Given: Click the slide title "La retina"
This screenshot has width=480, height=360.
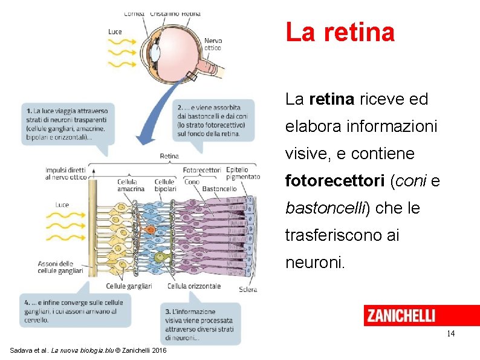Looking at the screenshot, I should click(340, 32).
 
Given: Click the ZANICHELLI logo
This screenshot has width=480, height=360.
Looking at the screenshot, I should click(400, 315).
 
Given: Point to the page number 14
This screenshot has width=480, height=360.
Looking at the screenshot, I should click(450, 333).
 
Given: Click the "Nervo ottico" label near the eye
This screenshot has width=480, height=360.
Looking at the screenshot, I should click(213, 44).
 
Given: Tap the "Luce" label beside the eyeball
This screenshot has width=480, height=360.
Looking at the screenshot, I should click(115, 31).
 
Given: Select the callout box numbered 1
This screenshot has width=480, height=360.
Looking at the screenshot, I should click(67, 124).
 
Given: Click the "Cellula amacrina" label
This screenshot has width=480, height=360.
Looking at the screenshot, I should click(131, 185).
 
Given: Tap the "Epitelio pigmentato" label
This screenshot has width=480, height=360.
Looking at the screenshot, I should click(242, 174).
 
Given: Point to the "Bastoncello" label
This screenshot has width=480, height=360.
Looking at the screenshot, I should click(219, 189).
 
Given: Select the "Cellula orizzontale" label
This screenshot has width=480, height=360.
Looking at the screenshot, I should click(193, 286).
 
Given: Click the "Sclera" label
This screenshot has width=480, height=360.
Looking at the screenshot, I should click(248, 289).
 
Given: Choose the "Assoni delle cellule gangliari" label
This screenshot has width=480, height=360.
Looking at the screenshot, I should click(60, 267).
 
